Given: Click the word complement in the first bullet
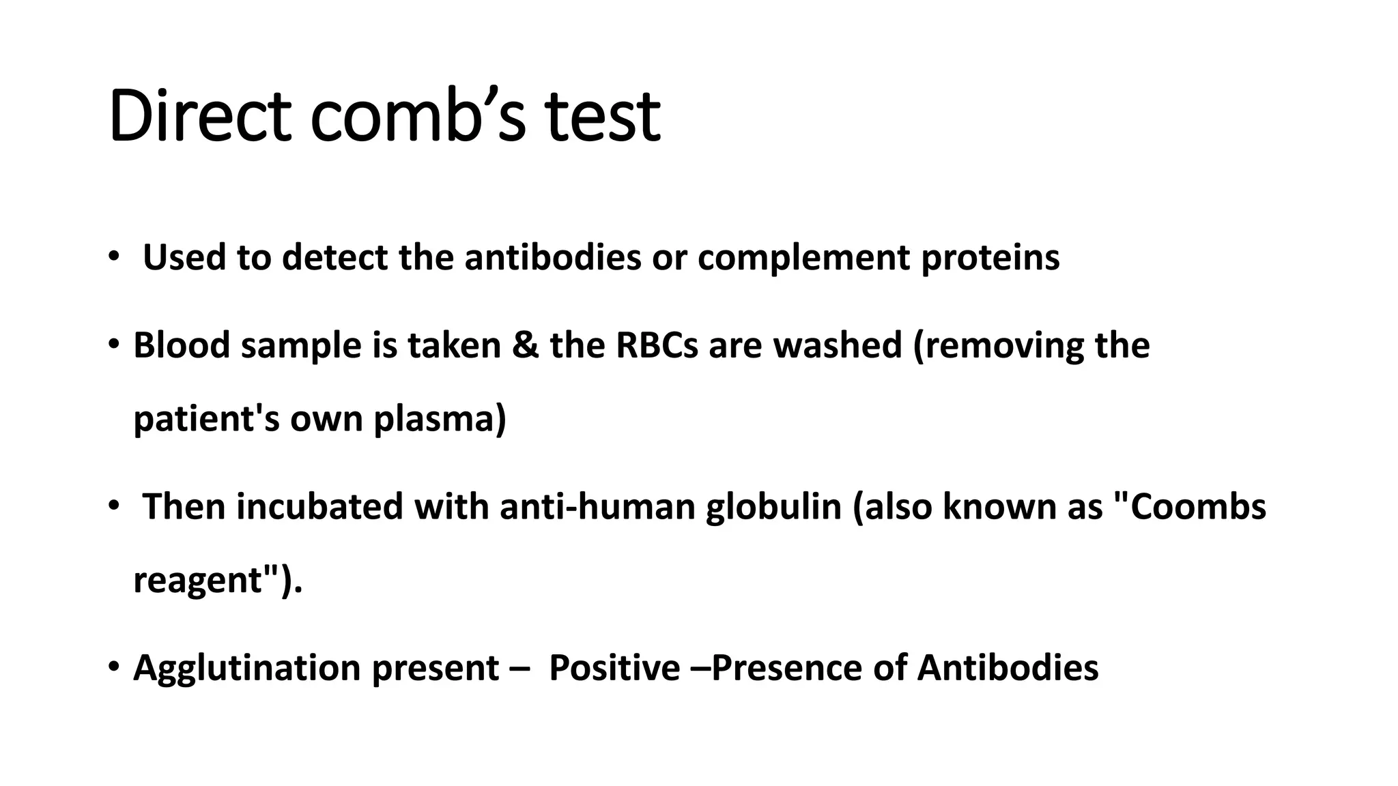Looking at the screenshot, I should (x=803, y=258).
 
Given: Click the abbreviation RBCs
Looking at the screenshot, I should (x=657, y=345).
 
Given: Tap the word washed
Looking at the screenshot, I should (x=838, y=345).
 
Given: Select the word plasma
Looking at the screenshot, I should (x=440, y=419).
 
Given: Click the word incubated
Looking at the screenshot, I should (x=320, y=507).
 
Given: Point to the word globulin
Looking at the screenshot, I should (x=773, y=507).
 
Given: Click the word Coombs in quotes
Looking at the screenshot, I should (x=1199, y=507).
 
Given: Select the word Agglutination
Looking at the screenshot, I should (x=247, y=668).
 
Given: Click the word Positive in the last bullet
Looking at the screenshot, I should (x=614, y=668).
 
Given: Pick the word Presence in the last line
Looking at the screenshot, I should (x=786, y=668).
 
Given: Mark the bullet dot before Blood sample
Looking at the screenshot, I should (x=113, y=344).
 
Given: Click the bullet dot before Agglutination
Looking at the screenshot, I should (x=113, y=666).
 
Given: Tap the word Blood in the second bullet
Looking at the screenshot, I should (x=181, y=345).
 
